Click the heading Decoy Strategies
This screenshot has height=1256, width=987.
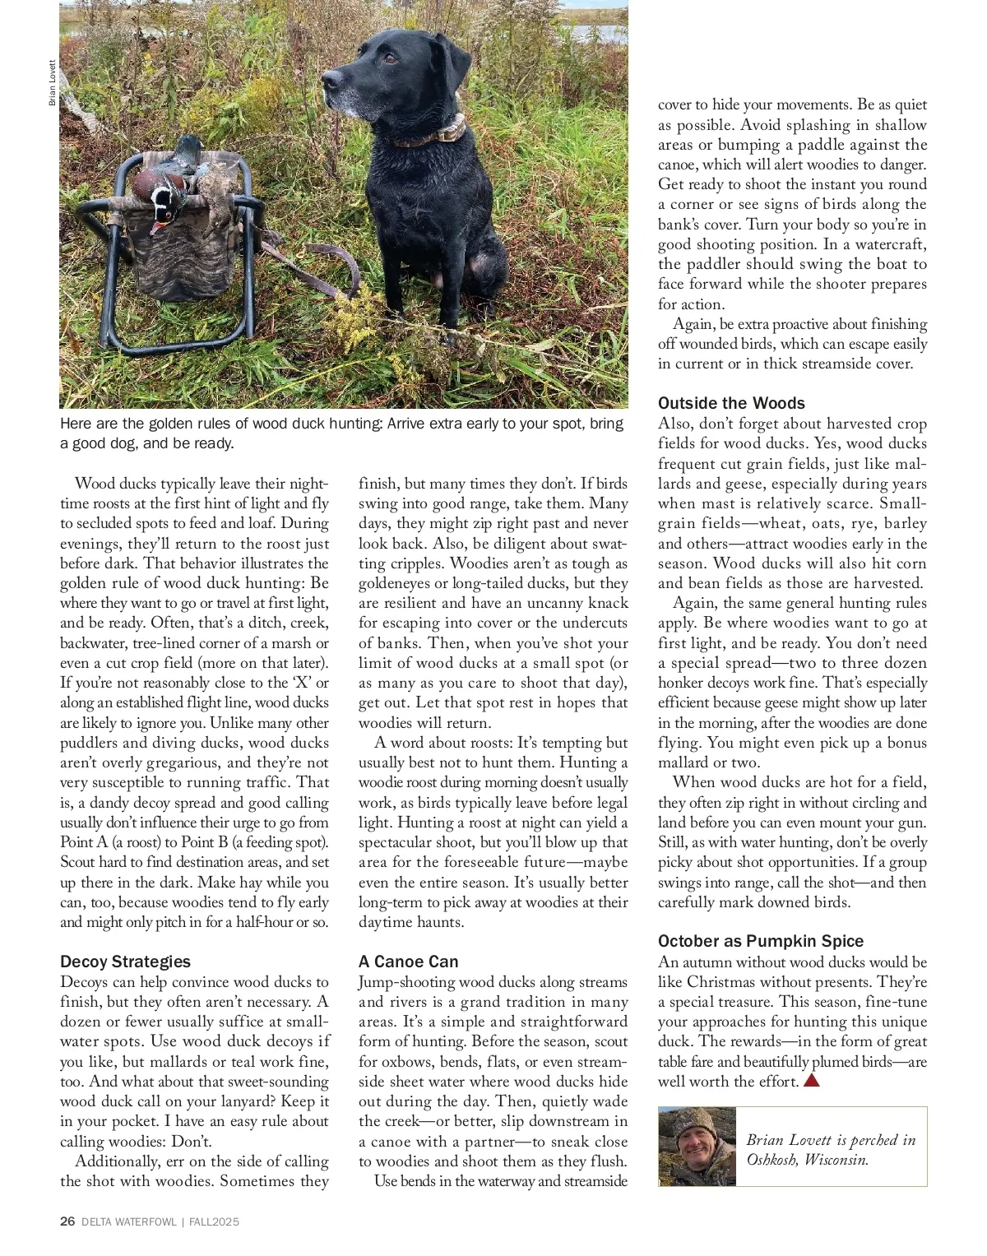coord(125,962)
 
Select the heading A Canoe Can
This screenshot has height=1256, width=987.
coord(408,962)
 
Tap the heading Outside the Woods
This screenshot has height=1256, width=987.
coord(731,403)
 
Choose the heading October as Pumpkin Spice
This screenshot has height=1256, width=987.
coord(761,941)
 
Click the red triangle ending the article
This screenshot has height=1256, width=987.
coord(811,1081)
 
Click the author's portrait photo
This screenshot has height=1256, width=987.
coord(697,1147)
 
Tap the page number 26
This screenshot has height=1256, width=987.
coord(67,1221)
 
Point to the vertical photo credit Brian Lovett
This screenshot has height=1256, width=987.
coord(52,83)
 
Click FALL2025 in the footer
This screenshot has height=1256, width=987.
coord(214,1222)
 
